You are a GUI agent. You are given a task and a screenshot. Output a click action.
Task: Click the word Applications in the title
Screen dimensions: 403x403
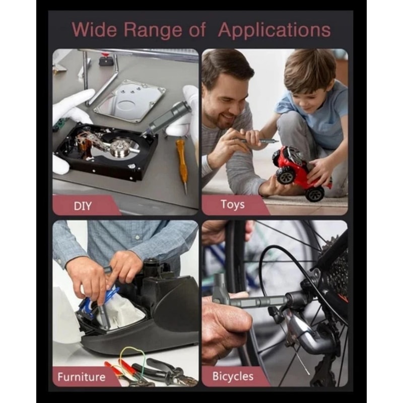pyautogui.click(x=275, y=30)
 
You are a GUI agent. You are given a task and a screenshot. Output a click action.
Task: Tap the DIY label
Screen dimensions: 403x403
pyautogui.click(x=83, y=206)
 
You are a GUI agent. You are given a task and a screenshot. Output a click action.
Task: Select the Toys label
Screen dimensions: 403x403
pyautogui.click(x=232, y=205)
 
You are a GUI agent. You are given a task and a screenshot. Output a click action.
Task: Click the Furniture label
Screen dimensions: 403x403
pyautogui.click(x=82, y=377)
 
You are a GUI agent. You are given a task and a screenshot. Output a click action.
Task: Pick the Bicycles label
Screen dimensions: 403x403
pyautogui.click(x=233, y=376)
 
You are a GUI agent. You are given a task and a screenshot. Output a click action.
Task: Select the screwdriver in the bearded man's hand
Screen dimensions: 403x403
pyautogui.click(x=257, y=142)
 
